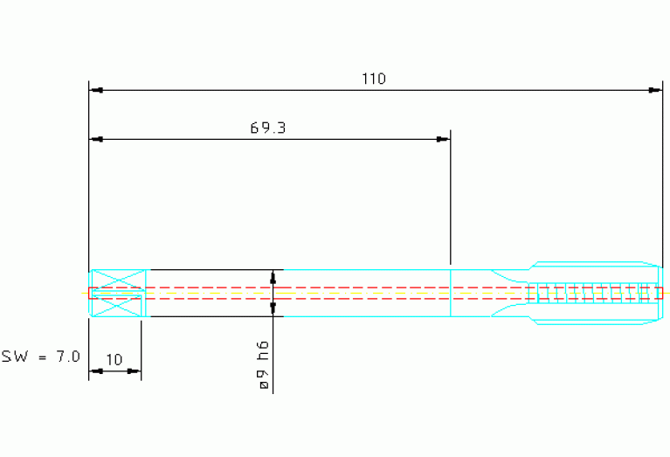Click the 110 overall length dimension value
[374, 79]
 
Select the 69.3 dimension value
[268, 128]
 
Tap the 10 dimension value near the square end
[114, 359]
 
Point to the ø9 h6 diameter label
[264, 365]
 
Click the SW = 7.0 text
[40, 357]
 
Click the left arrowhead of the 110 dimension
[97, 90]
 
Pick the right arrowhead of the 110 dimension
[655, 90]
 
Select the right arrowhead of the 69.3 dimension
[443, 139]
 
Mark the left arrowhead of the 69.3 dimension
[97, 139]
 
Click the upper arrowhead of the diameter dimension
[273, 277]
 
